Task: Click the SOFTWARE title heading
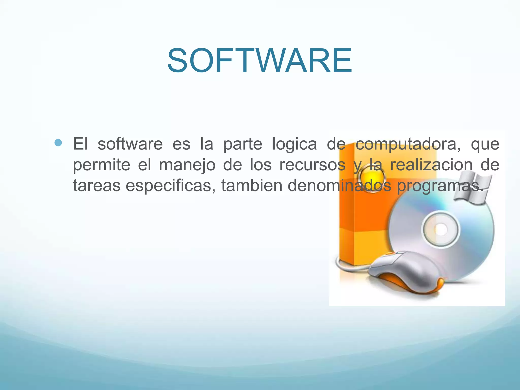click(260, 61)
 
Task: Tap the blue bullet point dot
click(58, 143)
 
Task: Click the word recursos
click(312, 165)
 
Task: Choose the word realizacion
click(431, 165)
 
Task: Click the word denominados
click(339, 186)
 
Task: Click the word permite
click(102, 165)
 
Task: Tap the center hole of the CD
click(441, 230)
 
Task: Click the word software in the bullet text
click(130, 144)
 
